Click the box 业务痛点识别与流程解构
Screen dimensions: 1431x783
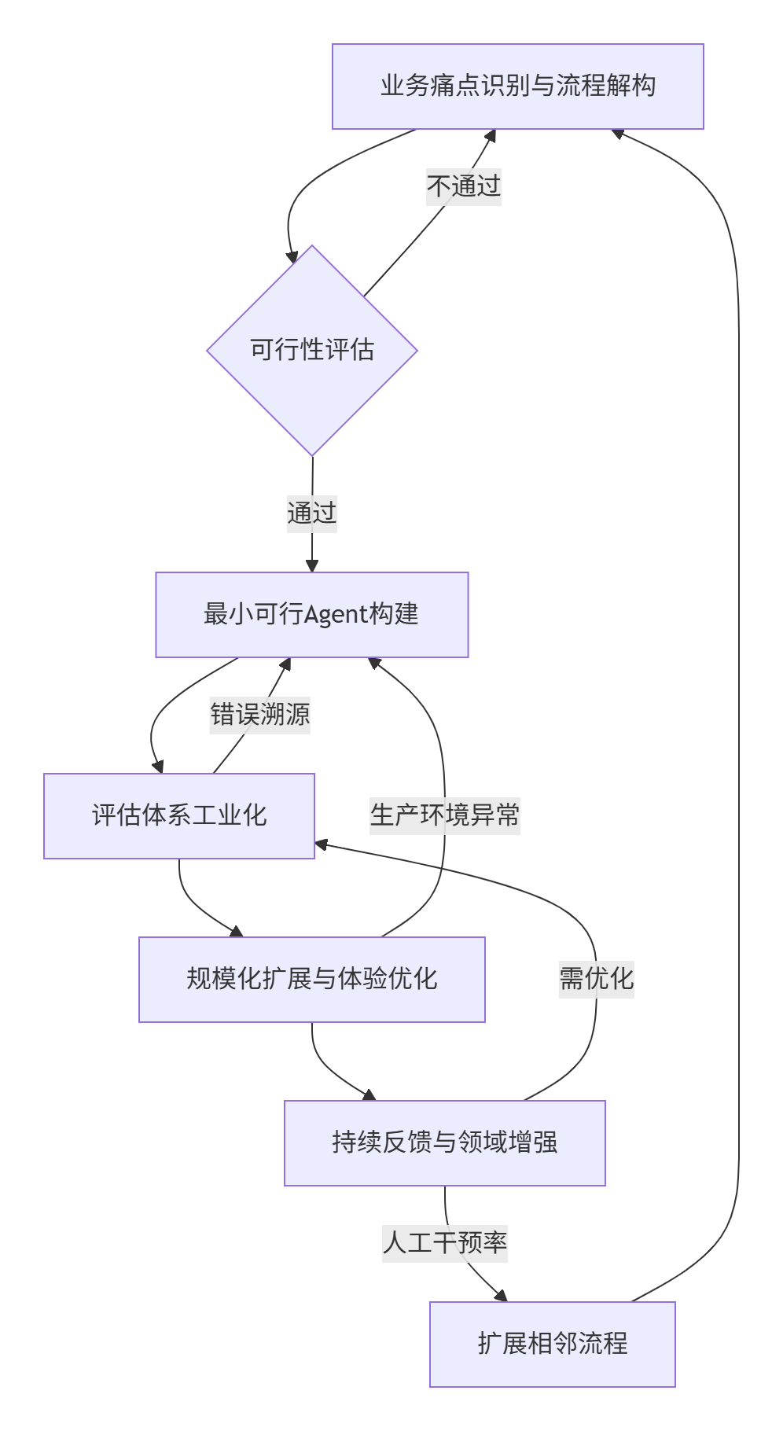coord(517,86)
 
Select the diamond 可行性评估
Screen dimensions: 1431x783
coord(312,350)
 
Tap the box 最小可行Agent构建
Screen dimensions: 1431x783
coord(311,614)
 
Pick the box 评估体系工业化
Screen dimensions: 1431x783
coord(179,815)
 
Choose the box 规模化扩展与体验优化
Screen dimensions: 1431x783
coord(311,979)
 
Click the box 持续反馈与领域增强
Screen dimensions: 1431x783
coord(444,1142)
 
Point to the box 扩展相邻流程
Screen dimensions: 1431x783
coord(552,1344)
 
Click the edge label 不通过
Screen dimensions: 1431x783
coord(464,186)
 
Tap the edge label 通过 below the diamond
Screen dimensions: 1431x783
coord(312,513)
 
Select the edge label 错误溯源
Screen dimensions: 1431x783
coord(259,715)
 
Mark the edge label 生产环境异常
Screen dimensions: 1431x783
coord(445,815)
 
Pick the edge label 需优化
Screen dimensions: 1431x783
coord(596,979)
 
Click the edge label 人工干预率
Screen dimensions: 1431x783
coord(445,1243)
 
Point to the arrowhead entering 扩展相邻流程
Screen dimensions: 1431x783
coord(501,1296)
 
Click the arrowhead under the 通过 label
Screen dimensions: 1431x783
coord(312,565)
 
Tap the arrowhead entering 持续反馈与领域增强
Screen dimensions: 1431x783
coord(369,1094)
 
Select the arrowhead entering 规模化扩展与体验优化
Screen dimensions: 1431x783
coord(236,931)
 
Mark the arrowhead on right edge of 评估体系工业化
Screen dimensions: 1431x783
coord(321,845)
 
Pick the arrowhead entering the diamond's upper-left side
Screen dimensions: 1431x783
coord(292,256)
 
